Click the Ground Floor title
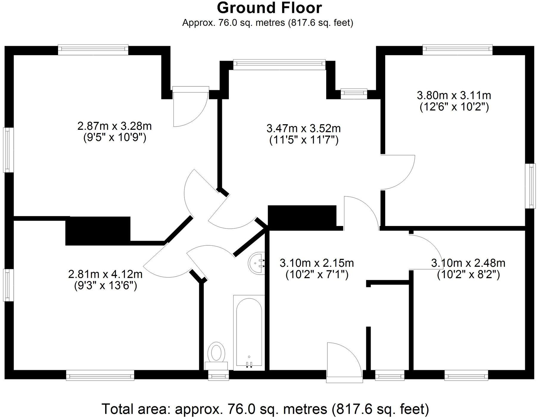tap(269, 8)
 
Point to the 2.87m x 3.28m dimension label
tap(114, 126)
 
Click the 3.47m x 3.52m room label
tap(304, 129)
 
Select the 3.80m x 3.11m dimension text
tap(454, 96)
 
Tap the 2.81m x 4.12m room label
tap(105, 274)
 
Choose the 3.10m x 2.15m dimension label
tap(317, 263)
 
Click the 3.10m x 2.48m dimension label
tap(468, 263)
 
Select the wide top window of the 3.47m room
tap(279, 63)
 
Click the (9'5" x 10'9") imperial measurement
tap(114, 138)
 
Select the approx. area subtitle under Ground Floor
tap(268, 23)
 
